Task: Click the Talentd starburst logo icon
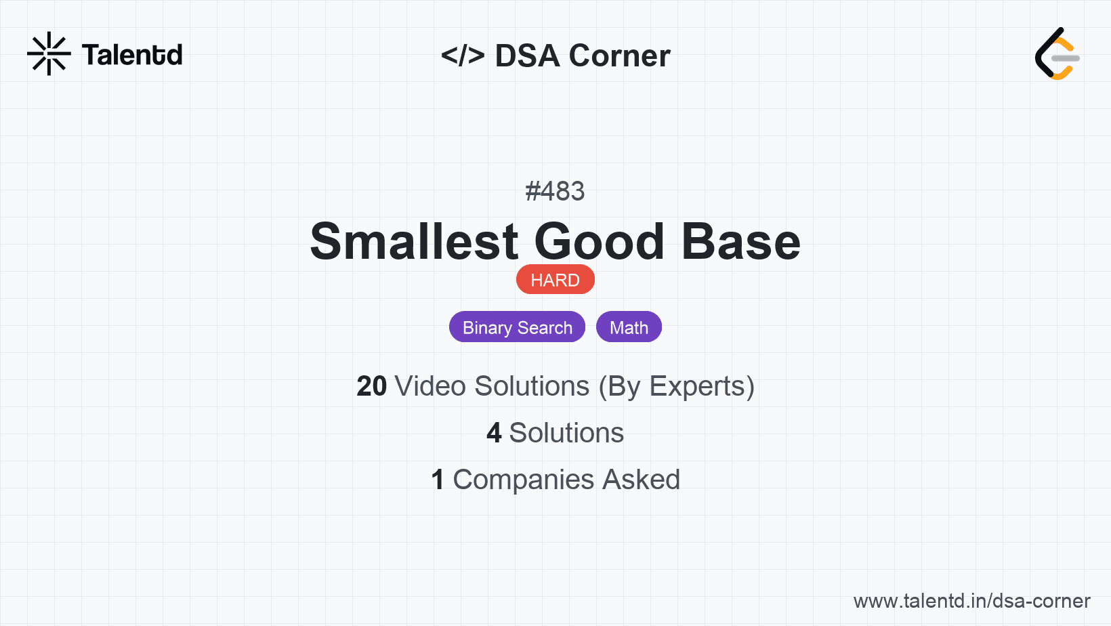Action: tap(49, 54)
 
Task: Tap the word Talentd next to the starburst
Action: tap(132, 55)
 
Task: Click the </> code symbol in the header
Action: tap(463, 55)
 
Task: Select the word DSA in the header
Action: tap(527, 56)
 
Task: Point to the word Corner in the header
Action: tap(619, 56)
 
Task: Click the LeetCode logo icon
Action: tap(1056, 54)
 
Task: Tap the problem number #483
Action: tap(555, 191)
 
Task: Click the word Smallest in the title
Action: tap(414, 242)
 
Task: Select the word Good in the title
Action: tap(599, 242)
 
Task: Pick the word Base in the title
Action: tap(741, 242)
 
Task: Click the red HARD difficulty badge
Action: tap(555, 280)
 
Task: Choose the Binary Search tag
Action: tap(518, 327)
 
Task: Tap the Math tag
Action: tap(629, 327)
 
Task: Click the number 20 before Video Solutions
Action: tap(371, 386)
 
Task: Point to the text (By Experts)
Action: tap(677, 386)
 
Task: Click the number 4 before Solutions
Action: tap(494, 432)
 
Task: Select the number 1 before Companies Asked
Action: tap(438, 480)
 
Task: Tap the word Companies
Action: tap(523, 480)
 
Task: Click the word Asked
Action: tap(642, 480)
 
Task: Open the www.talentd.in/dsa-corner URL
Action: tap(971, 601)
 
